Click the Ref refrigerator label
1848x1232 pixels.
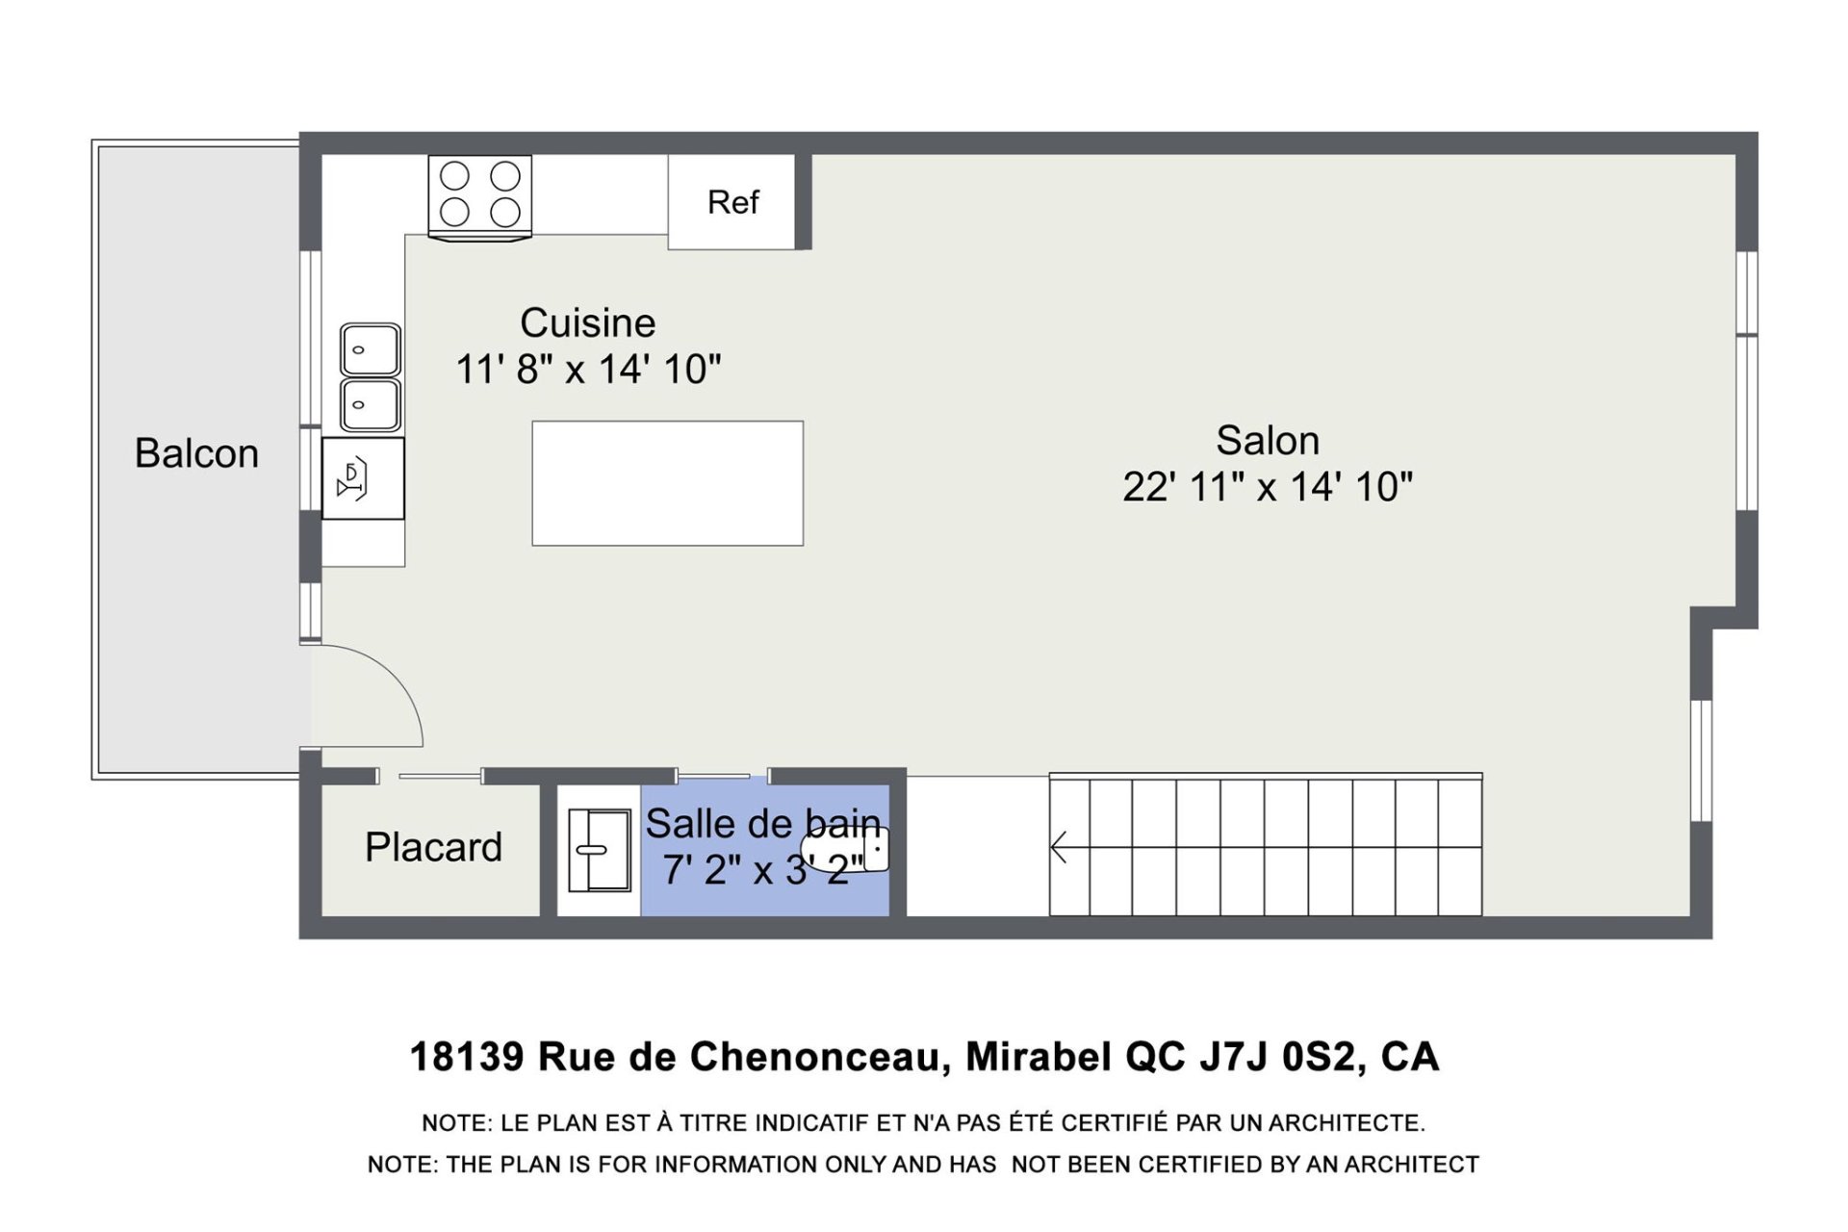pos(732,202)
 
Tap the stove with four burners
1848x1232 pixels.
pos(479,196)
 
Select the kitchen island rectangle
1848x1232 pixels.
pos(668,483)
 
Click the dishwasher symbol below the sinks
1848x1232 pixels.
pos(363,478)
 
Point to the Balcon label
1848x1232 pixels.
pos(196,453)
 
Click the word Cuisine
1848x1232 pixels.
pos(588,322)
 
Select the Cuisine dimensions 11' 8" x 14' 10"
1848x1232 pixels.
pos(588,370)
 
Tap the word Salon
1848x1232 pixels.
pos(1268,440)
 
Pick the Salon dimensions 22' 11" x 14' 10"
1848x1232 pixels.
pos(1268,487)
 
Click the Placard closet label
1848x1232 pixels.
pos(433,847)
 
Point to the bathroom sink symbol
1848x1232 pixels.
pos(599,850)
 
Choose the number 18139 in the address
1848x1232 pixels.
pos(468,1057)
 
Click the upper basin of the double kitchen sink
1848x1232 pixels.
pos(371,349)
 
